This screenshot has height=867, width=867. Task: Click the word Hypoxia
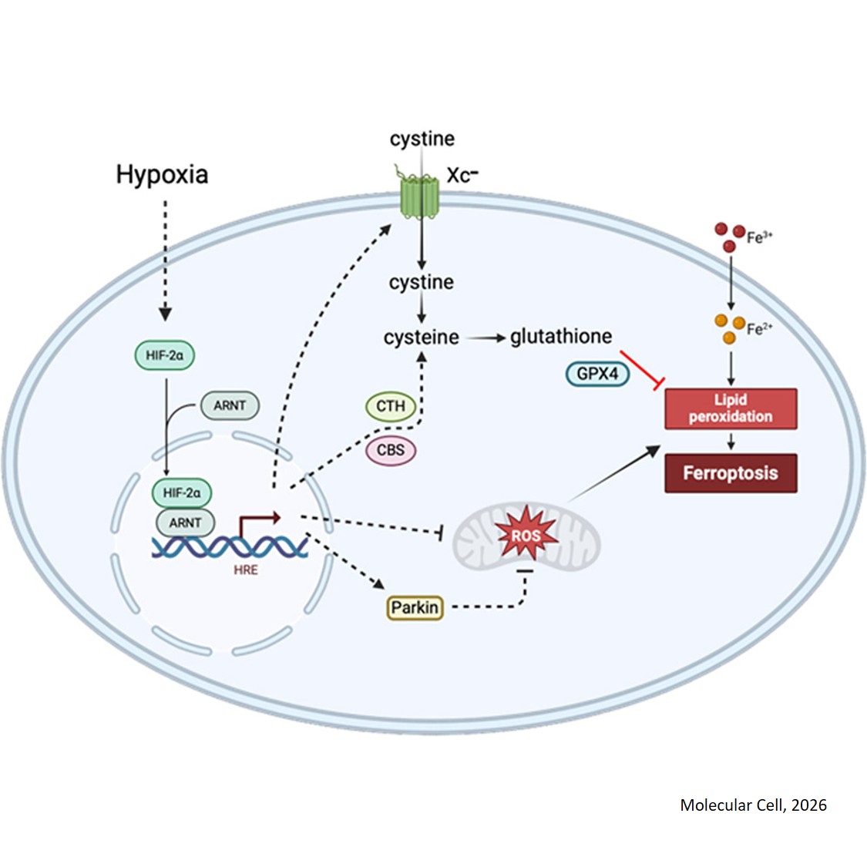pyautogui.click(x=162, y=174)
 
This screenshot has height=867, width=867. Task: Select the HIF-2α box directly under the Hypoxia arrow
pyautogui.click(x=164, y=355)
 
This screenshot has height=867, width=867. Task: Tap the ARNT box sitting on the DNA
pyautogui.click(x=185, y=523)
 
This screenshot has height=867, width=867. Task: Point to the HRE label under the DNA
pyautogui.click(x=246, y=570)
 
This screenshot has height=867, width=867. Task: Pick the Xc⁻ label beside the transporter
pyautogui.click(x=462, y=176)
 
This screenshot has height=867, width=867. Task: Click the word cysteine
pyautogui.click(x=421, y=338)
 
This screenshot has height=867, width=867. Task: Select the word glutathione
pyautogui.click(x=561, y=337)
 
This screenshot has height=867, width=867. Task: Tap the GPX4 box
pyautogui.click(x=597, y=374)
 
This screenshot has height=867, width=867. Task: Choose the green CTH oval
pyautogui.click(x=391, y=406)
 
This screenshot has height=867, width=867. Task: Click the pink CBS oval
pyautogui.click(x=391, y=450)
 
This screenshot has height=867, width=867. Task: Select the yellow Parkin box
pyautogui.click(x=415, y=608)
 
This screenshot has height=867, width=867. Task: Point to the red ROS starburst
pyautogui.click(x=526, y=535)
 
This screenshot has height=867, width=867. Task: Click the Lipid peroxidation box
pyautogui.click(x=730, y=408)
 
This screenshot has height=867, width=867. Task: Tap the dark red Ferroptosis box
pyautogui.click(x=730, y=473)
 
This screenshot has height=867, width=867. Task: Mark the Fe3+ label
pyautogui.click(x=759, y=238)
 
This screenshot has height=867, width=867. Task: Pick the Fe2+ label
pyautogui.click(x=759, y=330)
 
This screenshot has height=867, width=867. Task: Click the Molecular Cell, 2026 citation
pyautogui.click(x=753, y=805)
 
